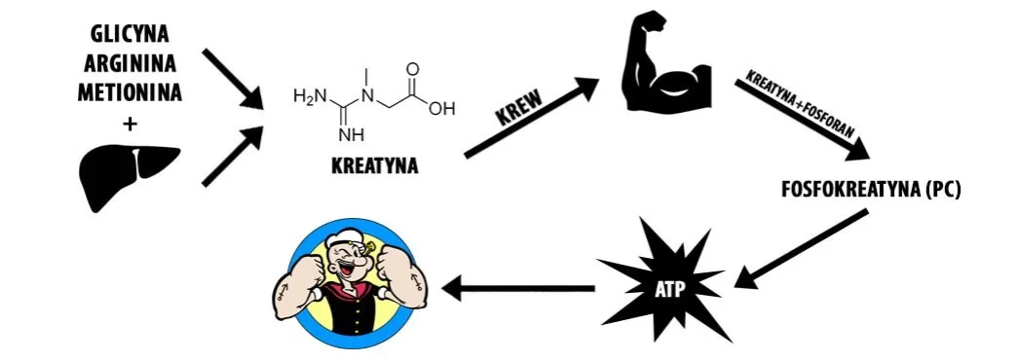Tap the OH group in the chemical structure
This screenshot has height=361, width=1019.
(441, 108)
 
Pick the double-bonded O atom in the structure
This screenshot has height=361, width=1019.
(413, 70)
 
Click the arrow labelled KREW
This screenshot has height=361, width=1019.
(531, 118)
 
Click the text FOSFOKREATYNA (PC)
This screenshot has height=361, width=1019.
(871, 190)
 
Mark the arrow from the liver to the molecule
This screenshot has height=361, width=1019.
(234, 156)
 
